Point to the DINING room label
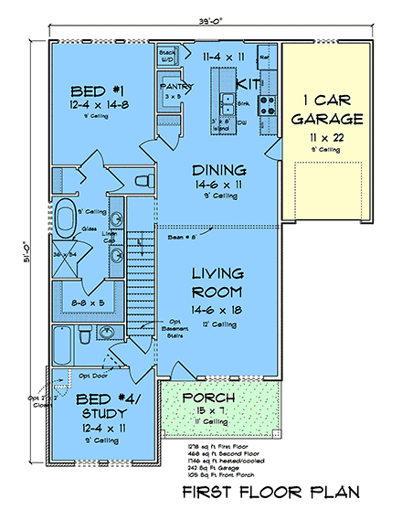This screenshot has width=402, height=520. point(218,170)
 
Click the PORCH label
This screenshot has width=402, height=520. point(208,398)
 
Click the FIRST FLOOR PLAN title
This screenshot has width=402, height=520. point(270,493)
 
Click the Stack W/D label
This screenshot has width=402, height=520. point(167,54)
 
